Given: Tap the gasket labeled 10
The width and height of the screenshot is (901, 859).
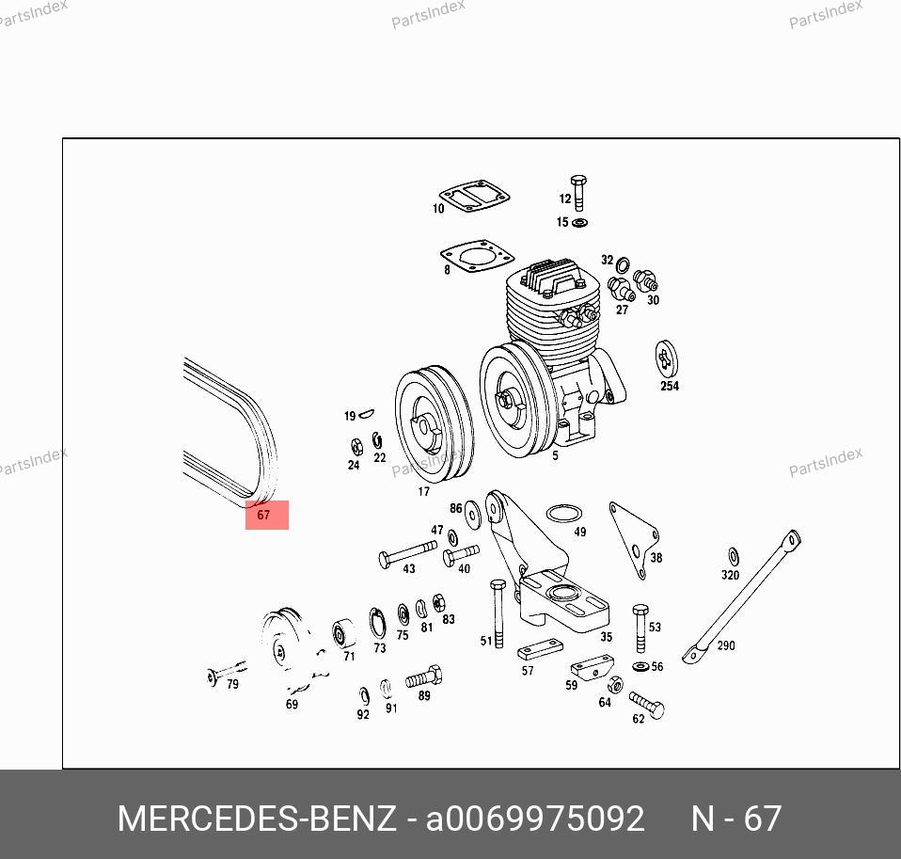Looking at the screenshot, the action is point(475,195).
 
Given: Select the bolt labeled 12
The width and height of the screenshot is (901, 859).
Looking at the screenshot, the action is point(578,193).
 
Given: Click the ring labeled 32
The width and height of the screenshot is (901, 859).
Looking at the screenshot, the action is point(623,265).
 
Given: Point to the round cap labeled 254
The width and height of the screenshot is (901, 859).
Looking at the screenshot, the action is point(667,359).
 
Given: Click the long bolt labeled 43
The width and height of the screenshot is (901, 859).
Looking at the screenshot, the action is point(407,553).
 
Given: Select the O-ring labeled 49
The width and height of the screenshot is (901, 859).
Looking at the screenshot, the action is point(563,514).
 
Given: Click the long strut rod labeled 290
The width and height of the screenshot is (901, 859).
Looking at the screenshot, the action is point(742,597).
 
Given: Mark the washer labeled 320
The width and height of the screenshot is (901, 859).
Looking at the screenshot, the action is point(734,557).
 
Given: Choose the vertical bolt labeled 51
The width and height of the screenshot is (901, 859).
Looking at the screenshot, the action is point(498,613).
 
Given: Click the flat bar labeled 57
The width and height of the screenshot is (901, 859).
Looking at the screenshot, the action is point(540,649).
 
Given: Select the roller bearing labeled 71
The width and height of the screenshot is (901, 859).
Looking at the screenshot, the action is point(343,633).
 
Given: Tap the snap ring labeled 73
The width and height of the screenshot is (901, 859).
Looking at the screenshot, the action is point(377,623).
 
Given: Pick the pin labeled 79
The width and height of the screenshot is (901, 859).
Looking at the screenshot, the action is point(226,672).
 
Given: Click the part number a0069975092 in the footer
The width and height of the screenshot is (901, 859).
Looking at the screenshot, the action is point(535,819).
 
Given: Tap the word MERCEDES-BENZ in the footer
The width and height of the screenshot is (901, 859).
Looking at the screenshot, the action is point(257,819).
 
